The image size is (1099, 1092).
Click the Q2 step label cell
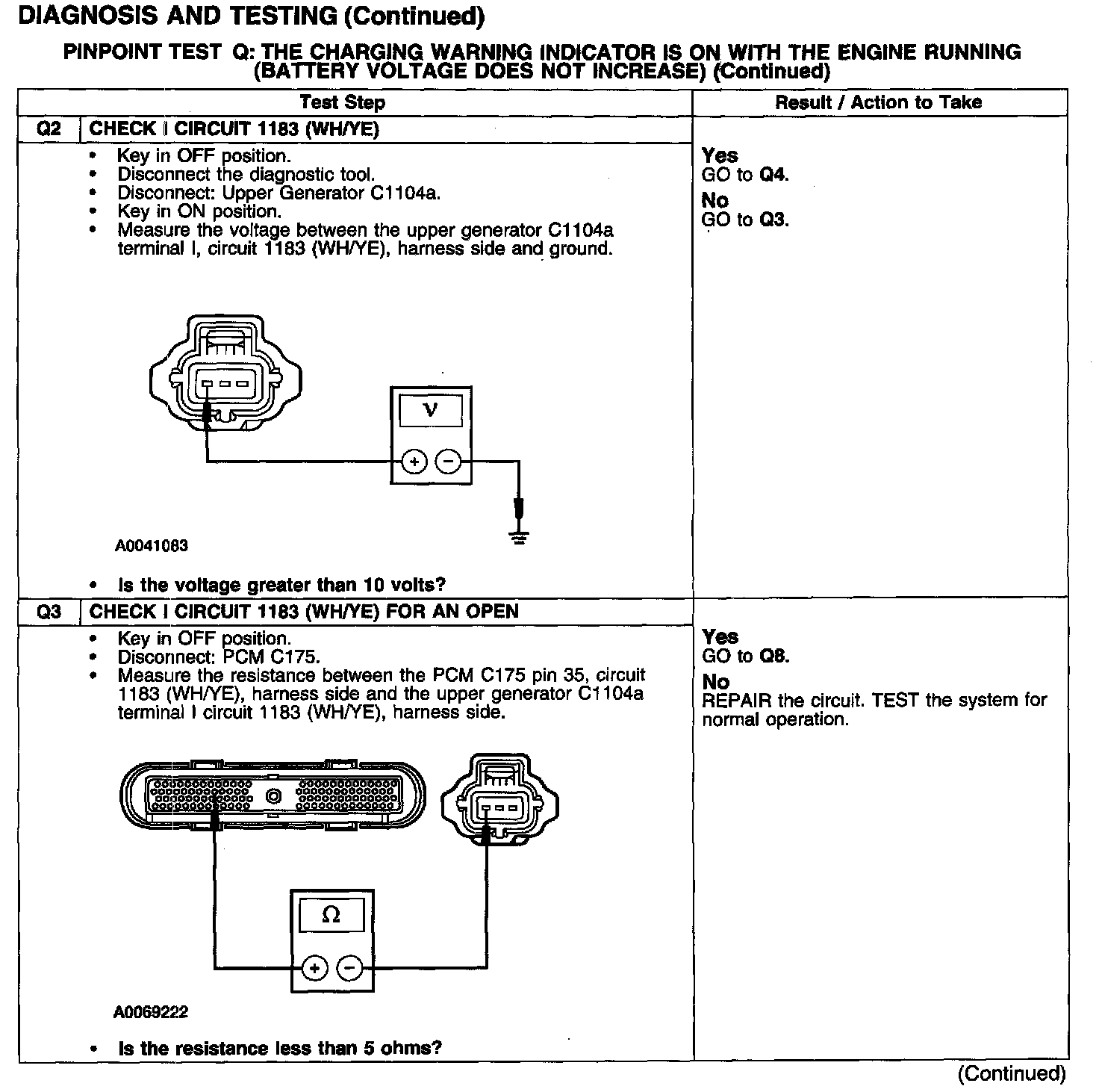click(x=49, y=129)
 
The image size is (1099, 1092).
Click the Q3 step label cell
click(x=49, y=612)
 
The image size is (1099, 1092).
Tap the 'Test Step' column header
click(x=343, y=102)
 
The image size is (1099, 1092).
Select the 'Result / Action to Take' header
click(x=879, y=102)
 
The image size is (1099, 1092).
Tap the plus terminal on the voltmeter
click(x=414, y=462)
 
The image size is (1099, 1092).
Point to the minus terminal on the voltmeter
click(x=448, y=462)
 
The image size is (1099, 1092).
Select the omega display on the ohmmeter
click(x=331, y=915)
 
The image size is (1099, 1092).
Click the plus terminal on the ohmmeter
click(x=314, y=969)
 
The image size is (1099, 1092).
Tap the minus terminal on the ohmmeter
click(x=349, y=969)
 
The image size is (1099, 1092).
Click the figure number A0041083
click(x=152, y=546)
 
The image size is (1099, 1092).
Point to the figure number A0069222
click(x=151, y=1013)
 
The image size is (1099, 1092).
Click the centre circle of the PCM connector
click(x=273, y=796)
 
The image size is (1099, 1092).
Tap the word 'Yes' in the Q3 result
click(x=720, y=637)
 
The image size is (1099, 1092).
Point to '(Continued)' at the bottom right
click(x=1012, y=1073)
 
